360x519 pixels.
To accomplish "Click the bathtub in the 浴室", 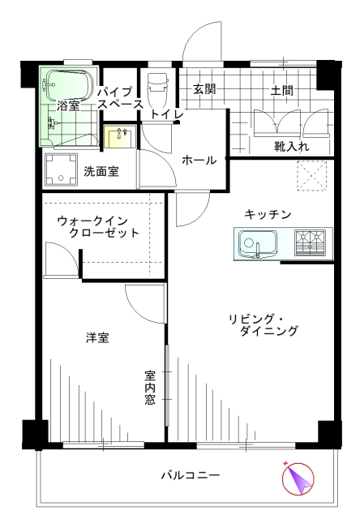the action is pyautogui.click(x=68, y=85).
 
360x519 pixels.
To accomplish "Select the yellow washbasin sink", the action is pyautogui.click(x=119, y=137).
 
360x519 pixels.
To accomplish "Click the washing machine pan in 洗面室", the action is pyautogui.click(x=61, y=169).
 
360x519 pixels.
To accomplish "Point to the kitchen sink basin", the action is pyautogui.click(x=258, y=243).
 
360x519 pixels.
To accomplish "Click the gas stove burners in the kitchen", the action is pyautogui.click(x=311, y=243).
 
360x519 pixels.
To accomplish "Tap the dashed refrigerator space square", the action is pyautogui.click(x=311, y=175).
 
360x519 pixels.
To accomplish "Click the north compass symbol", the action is pyautogui.click(x=298, y=478).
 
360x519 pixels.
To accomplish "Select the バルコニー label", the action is pyautogui.click(x=191, y=476).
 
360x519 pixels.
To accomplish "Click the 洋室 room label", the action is pyautogui.click(x=97, y=338).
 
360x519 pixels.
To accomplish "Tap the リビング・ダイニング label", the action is pyautogui.click(x=264, y=325).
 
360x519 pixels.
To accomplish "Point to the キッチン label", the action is pyautogui.click(x=268, y=214).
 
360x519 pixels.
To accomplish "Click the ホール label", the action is pyautogui.click(x=199, y=161).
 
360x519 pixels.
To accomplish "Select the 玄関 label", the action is pyautogui.click(x=204, y=88).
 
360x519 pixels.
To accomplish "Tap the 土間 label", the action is pyautogui.click(x=282, y=90).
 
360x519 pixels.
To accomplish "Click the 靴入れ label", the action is pyautogui.click(x=291, y=146).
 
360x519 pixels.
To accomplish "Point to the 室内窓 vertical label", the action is pyautogui.click(x=150, y=388).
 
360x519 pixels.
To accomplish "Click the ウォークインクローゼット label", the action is pyautogui.click(x=98, y=227).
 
